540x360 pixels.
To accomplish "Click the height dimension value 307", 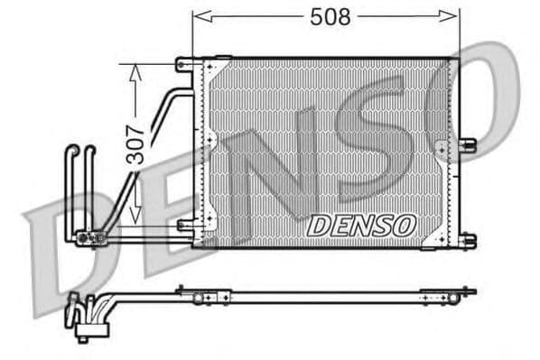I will coord(135,143).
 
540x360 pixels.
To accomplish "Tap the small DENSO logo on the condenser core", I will coord(361,225).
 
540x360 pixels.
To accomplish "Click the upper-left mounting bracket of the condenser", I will coord(185,64).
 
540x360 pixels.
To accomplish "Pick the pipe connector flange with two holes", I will coord(90,238).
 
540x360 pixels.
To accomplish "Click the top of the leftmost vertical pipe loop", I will coord(72,150).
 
